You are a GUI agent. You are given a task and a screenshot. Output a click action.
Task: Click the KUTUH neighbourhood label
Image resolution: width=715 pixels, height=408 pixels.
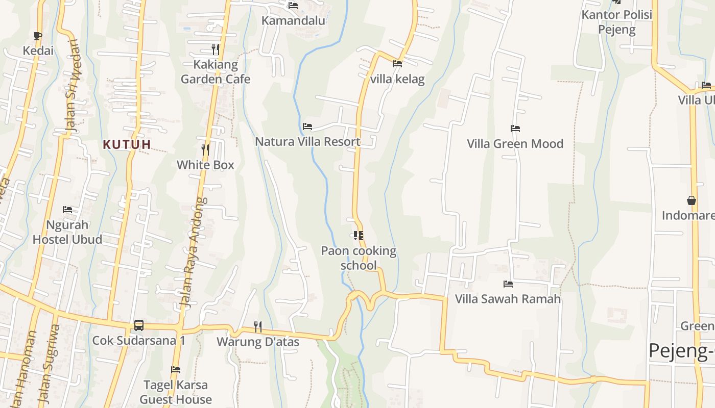[x=127, y=144]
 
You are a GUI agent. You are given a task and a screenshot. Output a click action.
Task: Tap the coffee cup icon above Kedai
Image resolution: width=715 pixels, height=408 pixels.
[x=37, y=35]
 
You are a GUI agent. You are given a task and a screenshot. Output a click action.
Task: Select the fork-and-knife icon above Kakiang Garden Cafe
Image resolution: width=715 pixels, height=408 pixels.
[x=216, y=49]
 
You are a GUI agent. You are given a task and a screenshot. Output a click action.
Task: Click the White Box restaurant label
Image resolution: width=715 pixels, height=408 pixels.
[x=205, y=165]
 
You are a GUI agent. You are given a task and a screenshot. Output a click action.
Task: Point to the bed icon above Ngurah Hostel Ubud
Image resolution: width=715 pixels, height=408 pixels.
[x=67, y=209]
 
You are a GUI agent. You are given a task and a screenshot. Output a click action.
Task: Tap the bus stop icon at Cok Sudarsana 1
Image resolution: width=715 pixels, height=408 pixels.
[x=138, y=325]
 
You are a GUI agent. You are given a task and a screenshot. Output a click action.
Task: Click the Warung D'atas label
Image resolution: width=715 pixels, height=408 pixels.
[x=258, y=341]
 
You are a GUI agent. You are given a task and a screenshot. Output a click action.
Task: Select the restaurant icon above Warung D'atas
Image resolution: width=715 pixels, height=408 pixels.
[x=258, y=326]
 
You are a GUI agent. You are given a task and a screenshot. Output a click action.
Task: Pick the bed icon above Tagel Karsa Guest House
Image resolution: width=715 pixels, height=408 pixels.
[x=176, y=369]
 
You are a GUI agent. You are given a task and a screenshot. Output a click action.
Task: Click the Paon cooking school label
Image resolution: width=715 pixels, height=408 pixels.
[x=359, y=258]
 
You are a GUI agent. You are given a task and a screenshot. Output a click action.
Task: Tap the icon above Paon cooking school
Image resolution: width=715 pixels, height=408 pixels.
[x=359, y=235]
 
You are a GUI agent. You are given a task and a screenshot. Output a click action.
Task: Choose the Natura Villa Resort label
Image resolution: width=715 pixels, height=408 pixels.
[x=307, y=141]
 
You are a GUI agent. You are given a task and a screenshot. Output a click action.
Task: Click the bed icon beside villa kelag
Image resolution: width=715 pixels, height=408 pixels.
[x=397, y=64]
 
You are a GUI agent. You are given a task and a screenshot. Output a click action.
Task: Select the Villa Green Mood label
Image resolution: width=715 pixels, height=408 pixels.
[x=515, y=143]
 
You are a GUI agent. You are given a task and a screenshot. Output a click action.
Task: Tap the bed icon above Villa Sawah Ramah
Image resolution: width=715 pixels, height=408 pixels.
[x=508, y=284]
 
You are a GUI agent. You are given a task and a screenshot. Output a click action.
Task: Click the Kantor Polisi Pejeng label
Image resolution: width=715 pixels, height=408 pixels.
[x=617, y=22]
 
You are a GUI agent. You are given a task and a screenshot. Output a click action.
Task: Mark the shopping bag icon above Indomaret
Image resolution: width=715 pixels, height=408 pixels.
[x=692, y=200]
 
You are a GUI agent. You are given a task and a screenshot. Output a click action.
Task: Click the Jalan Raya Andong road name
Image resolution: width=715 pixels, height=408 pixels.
[x=192, y=252]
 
